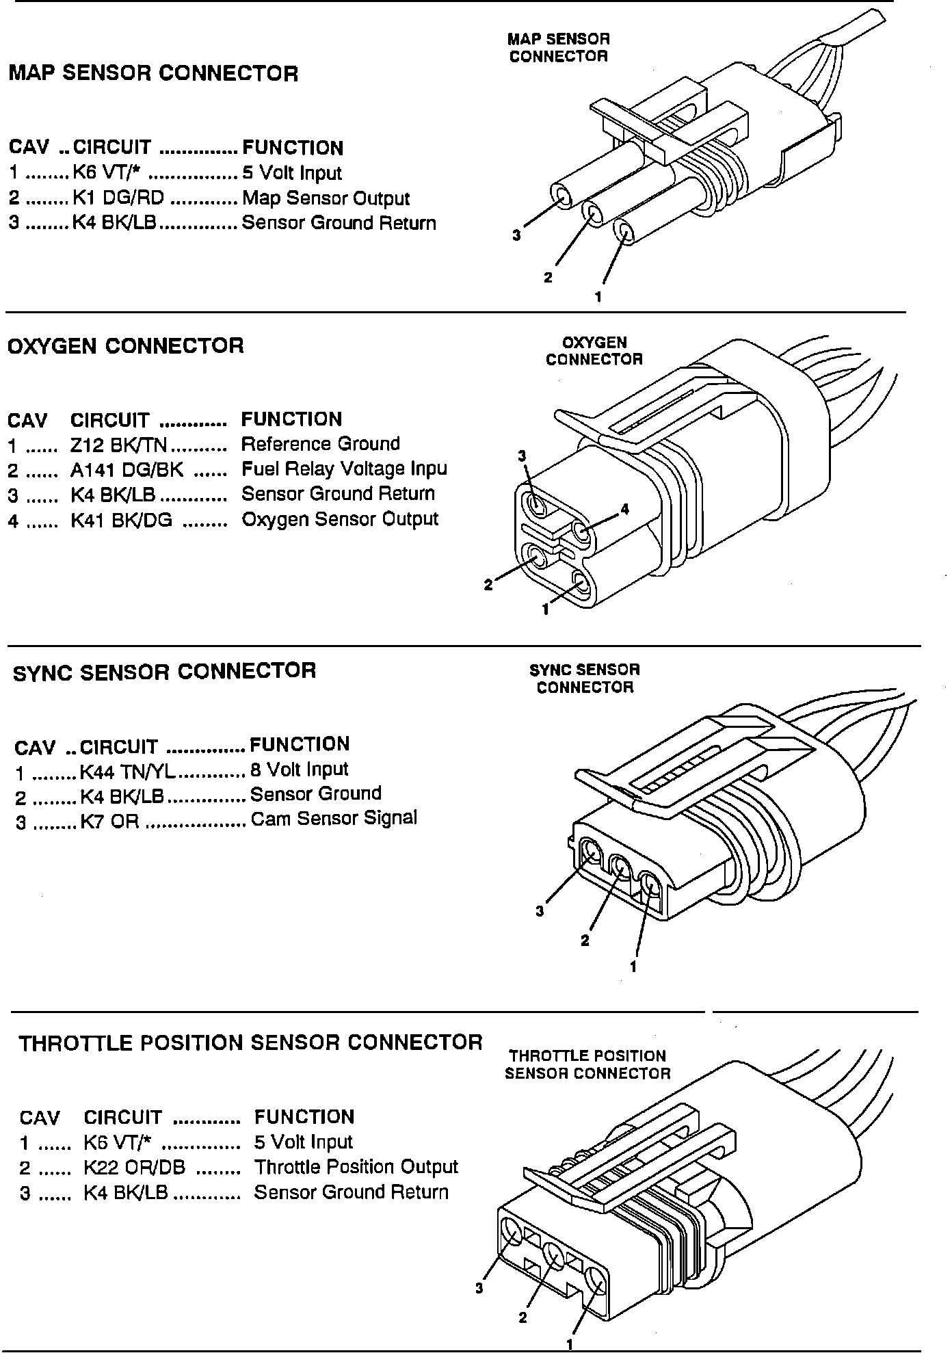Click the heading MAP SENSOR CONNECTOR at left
pos(153,73)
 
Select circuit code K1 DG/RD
pos(118,198)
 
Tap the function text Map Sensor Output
pos(326,198)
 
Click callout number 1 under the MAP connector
pos(598,297)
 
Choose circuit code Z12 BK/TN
pos(118,445)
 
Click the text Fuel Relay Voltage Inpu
pos(344,469)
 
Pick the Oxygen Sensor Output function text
pos(340,519)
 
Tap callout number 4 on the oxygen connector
pos(624,509)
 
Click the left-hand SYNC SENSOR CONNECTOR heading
pos(164,671)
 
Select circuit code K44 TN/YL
pos(128,771)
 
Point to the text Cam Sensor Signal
pos(334,819)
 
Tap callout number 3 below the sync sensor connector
pos(540,910)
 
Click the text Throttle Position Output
pos(356,1167)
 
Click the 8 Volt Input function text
pos(299,770)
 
